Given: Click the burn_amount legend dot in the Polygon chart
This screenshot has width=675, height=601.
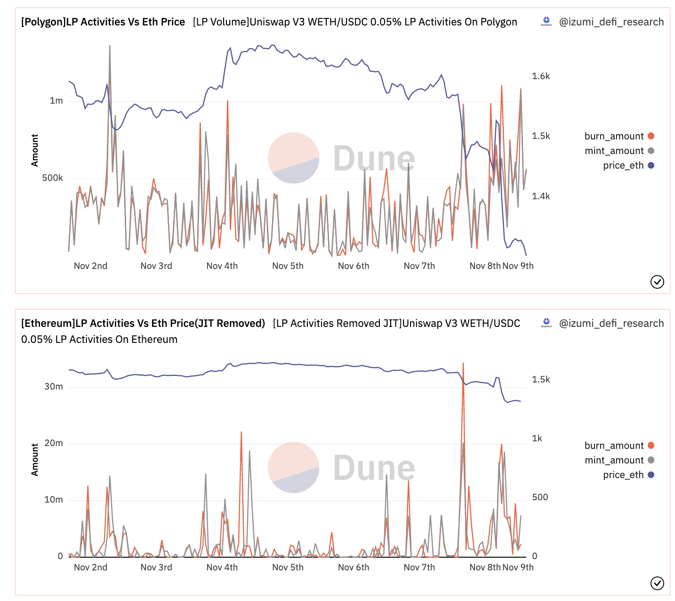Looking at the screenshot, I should coord(651,136).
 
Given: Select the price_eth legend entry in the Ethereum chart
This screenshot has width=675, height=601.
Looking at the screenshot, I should coord(623,475).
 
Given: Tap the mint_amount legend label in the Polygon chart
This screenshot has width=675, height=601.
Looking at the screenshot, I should coord(614,151).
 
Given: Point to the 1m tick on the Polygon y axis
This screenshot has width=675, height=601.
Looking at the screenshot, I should coord(56,101).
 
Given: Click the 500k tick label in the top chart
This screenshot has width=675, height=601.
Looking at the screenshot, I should coord(52,178).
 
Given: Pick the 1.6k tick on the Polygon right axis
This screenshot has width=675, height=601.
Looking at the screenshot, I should coord(541,76).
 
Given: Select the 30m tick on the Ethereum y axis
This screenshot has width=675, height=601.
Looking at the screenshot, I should coord(54,387).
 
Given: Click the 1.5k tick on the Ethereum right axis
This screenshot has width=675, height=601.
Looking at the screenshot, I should coord(541,380).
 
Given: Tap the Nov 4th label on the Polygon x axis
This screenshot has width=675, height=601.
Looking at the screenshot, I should coord(222,266).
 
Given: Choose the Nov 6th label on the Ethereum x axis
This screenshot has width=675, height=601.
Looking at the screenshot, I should coord(354,568).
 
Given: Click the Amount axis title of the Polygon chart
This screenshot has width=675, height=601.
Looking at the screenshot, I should coord(35,150).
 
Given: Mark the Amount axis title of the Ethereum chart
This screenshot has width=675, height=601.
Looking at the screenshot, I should coord(35,460).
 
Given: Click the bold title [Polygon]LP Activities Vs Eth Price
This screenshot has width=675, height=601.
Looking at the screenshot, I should coord(103,22).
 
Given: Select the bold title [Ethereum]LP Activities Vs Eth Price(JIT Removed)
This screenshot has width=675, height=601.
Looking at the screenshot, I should coord(143,324).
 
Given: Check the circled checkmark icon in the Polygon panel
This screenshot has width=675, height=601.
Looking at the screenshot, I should coord(657,282).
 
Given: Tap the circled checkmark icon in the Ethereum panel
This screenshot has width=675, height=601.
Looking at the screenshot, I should coord(657,583).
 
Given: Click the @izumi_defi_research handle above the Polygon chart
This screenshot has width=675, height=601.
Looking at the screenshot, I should coord(611,22).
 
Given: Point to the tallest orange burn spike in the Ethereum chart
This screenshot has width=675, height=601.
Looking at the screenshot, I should coord(463,364).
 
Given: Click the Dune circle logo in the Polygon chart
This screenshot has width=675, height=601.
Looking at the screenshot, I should coord(293,158).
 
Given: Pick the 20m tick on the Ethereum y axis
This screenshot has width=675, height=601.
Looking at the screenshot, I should coord(54,443).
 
